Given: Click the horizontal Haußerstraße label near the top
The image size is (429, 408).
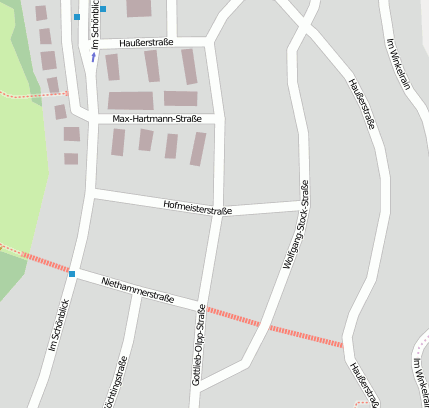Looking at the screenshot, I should click(x=146, y=44).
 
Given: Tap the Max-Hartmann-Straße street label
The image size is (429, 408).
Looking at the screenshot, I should click(x=157, y=119).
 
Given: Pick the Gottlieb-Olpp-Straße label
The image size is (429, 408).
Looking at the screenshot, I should click(x=199, y=346).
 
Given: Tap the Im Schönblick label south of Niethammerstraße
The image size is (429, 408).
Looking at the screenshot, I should click(x=59, y=326).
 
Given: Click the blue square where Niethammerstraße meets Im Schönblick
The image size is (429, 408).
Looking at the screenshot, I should click(x=72, y=273).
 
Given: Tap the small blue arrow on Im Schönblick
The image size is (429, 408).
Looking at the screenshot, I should click(x=94, y=57).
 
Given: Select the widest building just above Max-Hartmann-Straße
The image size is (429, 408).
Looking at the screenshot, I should click(x=131, y=100).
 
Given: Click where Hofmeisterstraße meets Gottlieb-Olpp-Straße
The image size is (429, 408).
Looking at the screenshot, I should click(x=219, y=211).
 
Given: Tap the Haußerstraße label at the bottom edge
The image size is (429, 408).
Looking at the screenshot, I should click(x=364, y=383).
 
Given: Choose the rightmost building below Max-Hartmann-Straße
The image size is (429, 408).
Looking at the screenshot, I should click(x=198, y=148).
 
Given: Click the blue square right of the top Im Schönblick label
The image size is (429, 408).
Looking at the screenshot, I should click(x=103, y=9).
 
